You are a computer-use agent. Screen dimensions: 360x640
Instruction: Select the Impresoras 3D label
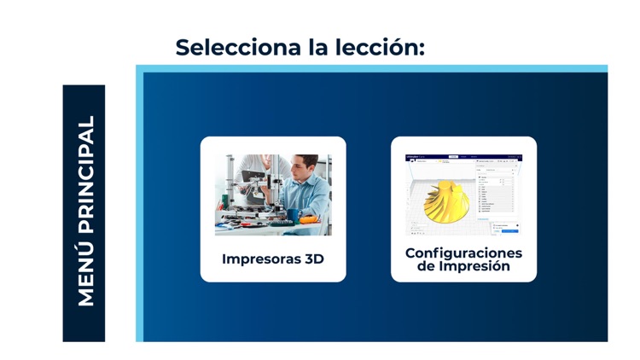tap(272, 258)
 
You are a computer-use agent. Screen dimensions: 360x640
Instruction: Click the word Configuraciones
tap(463, 253)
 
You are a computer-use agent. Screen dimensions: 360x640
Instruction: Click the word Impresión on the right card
tap(474, 266)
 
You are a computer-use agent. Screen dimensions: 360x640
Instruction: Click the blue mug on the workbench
tap(292, 217)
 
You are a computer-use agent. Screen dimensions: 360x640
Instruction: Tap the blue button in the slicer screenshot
tap(509, 231)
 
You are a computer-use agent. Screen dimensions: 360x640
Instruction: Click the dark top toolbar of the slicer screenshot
tap(463, 157)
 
